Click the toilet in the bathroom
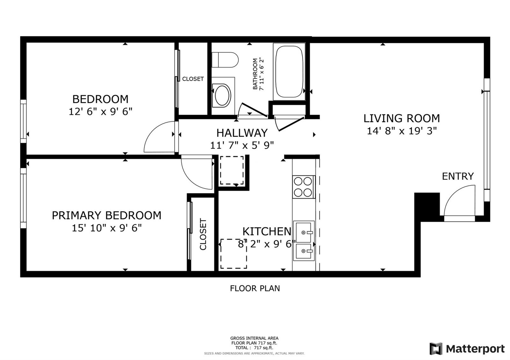tap(225, 60)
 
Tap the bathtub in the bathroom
tap(289, 72)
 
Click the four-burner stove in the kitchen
tap(303, 187)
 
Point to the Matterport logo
tap(467, 349)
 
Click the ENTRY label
tap(458, 176)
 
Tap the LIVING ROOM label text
tap(402, 118)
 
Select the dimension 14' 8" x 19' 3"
tap(402, 131)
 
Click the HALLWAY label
tap(242, 133)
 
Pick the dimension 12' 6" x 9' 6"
tap(100, 112)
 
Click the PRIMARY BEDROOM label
tap(106, 215)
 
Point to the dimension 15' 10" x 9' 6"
tap(107, 228)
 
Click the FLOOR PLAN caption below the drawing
tap(255, 289)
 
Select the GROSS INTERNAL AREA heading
tap(254, 338)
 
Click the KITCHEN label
tap(267, 231)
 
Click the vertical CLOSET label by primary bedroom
tap(203, 234)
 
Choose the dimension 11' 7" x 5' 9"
tap(242, 145)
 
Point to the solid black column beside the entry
tap(427, 207)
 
